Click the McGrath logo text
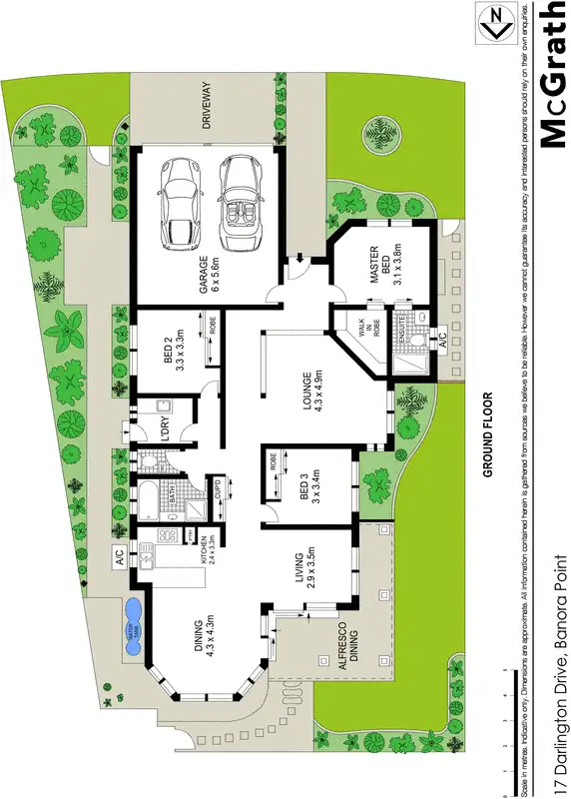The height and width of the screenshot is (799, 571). [x=552, y=75]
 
